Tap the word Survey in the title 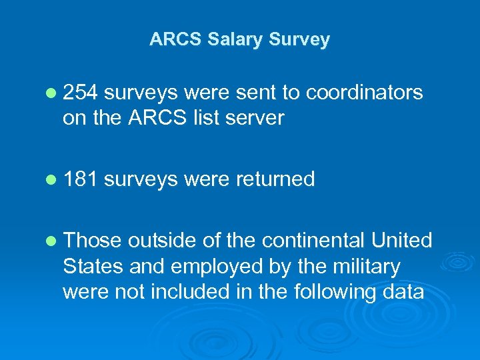coord(299,39)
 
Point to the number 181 coord(80,179)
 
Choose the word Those coord(93,240)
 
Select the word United coord(402,240)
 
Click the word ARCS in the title coord(175,39)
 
